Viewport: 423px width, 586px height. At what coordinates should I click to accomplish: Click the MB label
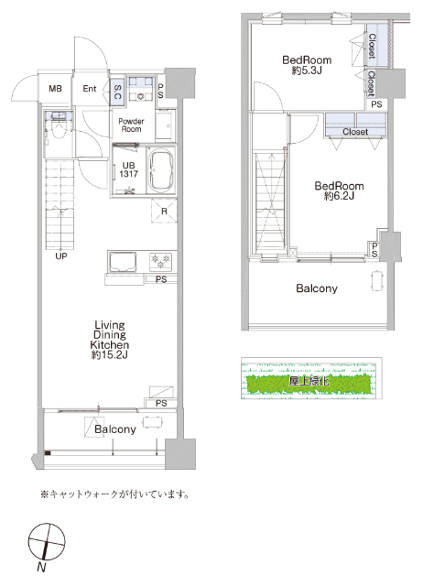[56, 89]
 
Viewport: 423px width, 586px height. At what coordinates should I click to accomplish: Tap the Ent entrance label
[90, 89]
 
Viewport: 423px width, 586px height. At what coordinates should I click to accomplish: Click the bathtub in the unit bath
[161, 170]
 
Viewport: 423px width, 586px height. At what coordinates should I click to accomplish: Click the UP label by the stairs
[61, 256]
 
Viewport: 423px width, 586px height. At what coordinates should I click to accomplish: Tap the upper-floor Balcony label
[316, 289]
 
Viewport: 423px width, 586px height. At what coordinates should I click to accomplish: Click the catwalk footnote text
[114, 494]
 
